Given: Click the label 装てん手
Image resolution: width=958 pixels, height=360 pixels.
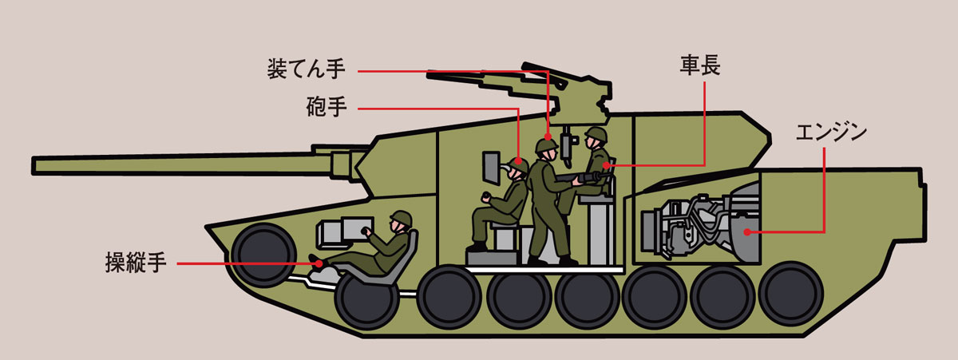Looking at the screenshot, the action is click(x=307, y=69).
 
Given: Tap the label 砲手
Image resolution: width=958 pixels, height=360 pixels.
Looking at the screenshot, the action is click(x=327, y=107).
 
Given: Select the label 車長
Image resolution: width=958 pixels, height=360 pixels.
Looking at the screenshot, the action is click(x=700, y=65).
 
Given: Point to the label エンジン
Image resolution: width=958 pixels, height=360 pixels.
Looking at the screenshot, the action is click(x=831, y=133).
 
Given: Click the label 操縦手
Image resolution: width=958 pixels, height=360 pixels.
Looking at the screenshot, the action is click(x=136, y=263).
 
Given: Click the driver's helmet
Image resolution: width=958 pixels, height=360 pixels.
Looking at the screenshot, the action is click(x=401, y=219).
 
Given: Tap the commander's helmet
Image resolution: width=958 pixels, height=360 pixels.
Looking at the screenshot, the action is click(x=596, y=134).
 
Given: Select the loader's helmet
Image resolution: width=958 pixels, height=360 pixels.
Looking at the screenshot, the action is click(x=547, y=145).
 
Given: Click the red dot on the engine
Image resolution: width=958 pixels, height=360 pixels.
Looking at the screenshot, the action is click(x=747, y=232).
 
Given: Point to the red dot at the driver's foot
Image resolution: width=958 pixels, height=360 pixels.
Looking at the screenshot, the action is click(x=319, y=263).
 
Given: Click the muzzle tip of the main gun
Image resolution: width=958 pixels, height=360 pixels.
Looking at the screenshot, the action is click(x=34, y=166).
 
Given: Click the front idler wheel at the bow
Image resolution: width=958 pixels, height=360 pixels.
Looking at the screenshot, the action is click(x=264, y=255).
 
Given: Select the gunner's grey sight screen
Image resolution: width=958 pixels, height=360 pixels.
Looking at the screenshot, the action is click(x=492, y=169).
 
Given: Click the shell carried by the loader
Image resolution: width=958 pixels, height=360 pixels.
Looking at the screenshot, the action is click(x=581, y=176).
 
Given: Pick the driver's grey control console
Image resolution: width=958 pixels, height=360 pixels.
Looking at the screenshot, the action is click(x=344, y=232).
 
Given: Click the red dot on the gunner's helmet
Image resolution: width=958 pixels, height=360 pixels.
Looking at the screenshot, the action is click(x=518, y=161).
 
